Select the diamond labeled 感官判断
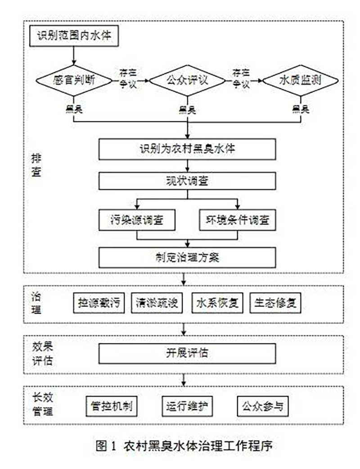(74, 81)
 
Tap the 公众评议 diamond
(187, 81)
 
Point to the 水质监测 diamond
(300, 81)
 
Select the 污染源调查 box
(137, 221)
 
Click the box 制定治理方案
(187, 257)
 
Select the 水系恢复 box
(217, 303)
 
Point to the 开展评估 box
(187, 354)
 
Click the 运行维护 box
(186, 406)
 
